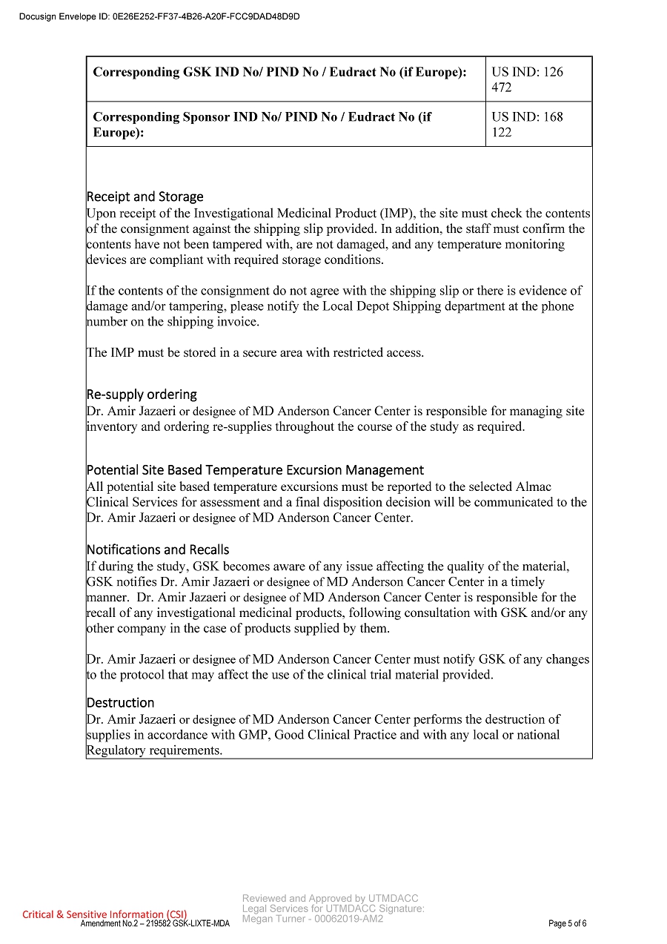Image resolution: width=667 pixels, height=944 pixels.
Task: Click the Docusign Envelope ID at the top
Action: coord(159,16)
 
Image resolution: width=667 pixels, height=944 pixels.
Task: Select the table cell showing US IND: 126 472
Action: coord(538,79)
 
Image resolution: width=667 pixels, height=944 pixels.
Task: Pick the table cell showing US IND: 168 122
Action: coord(538,125)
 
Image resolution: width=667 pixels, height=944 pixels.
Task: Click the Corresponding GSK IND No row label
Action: coord(279,73)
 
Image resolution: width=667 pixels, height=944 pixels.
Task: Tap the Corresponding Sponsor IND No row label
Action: coord(262,125)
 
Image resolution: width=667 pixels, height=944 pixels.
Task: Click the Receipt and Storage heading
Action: coord(145,197)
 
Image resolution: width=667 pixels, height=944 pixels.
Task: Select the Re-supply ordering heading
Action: coord(142,395)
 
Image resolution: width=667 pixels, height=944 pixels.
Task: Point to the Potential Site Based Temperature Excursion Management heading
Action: coord(255,470)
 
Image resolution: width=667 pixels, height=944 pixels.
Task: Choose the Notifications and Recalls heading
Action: coord(158,549)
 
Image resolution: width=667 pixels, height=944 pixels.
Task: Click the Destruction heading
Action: coord(120,703)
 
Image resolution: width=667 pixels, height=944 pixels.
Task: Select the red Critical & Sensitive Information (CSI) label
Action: coord(104,914)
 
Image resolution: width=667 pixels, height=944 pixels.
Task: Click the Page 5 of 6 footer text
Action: coord(567,924)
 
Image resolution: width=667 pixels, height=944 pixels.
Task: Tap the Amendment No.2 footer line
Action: coord(155,924)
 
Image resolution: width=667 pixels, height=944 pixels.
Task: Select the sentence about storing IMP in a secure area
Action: coord(255,353)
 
